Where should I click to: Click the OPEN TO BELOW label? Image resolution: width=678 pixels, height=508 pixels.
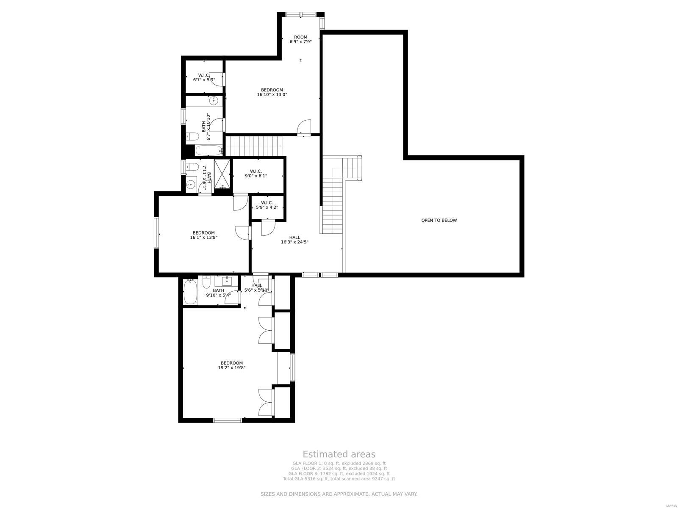click(439, 220)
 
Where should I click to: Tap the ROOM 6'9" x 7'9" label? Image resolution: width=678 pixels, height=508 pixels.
click(300, 39)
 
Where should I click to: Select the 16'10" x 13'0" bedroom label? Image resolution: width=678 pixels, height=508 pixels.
click(272, 92)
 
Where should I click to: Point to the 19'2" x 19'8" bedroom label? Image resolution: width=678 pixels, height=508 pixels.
click(231, 365)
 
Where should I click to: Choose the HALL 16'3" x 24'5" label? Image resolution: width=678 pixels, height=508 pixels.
click(295, 240)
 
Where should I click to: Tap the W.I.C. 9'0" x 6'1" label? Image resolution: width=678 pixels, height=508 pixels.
click(256, 174)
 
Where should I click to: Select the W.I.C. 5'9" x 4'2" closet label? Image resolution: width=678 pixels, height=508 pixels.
click(267, 205)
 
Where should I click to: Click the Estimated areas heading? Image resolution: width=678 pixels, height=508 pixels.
click(339, 454)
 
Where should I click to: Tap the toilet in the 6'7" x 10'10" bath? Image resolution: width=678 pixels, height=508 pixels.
click(193, 136)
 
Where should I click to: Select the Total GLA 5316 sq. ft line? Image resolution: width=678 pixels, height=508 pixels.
click(339, 479)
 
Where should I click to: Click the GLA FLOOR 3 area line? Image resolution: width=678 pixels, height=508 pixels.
click(339, 474)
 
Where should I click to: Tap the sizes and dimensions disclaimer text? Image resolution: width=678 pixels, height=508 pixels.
click(339, 494)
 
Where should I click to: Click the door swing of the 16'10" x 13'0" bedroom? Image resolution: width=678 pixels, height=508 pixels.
click(303, 127)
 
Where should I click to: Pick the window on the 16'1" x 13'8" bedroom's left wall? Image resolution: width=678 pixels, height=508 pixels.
click(156, 232)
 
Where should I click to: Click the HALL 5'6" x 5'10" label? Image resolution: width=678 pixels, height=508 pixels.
click(256, 288)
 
